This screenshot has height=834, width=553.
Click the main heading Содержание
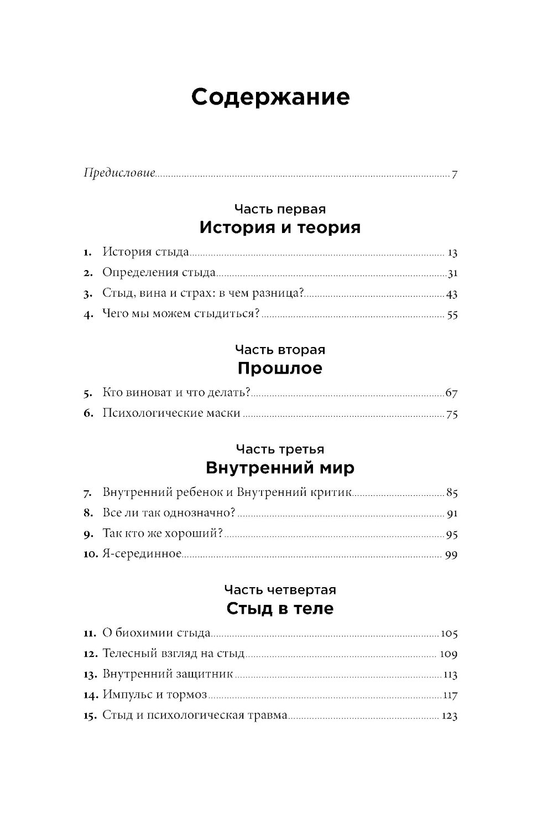[x=270, y=97]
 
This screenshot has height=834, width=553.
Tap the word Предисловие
[x=119, y=173]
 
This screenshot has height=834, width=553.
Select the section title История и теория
[x=280, y=227]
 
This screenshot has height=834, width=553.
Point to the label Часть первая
[x=280, y=209]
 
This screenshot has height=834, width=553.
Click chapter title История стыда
[x=146, y=252]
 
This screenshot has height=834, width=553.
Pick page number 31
[x=452, y=273]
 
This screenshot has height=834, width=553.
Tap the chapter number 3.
[x=87, y=294]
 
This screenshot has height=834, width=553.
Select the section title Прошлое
[x=280, y=368]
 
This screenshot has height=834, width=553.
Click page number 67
[x=451, y=393]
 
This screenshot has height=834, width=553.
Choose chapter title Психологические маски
[x=171, y=413]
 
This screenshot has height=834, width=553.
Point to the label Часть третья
[x=280, y=449]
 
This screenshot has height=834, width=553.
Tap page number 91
[x=452, y=513]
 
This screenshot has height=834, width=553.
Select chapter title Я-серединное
[x=142, y=554]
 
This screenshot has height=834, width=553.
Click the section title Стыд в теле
[x=280, y=609]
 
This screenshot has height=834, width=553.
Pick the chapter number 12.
[x=90, y=654]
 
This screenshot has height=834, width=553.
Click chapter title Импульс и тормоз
[x=154, y=695]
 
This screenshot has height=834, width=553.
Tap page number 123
[x=450, y=716]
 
